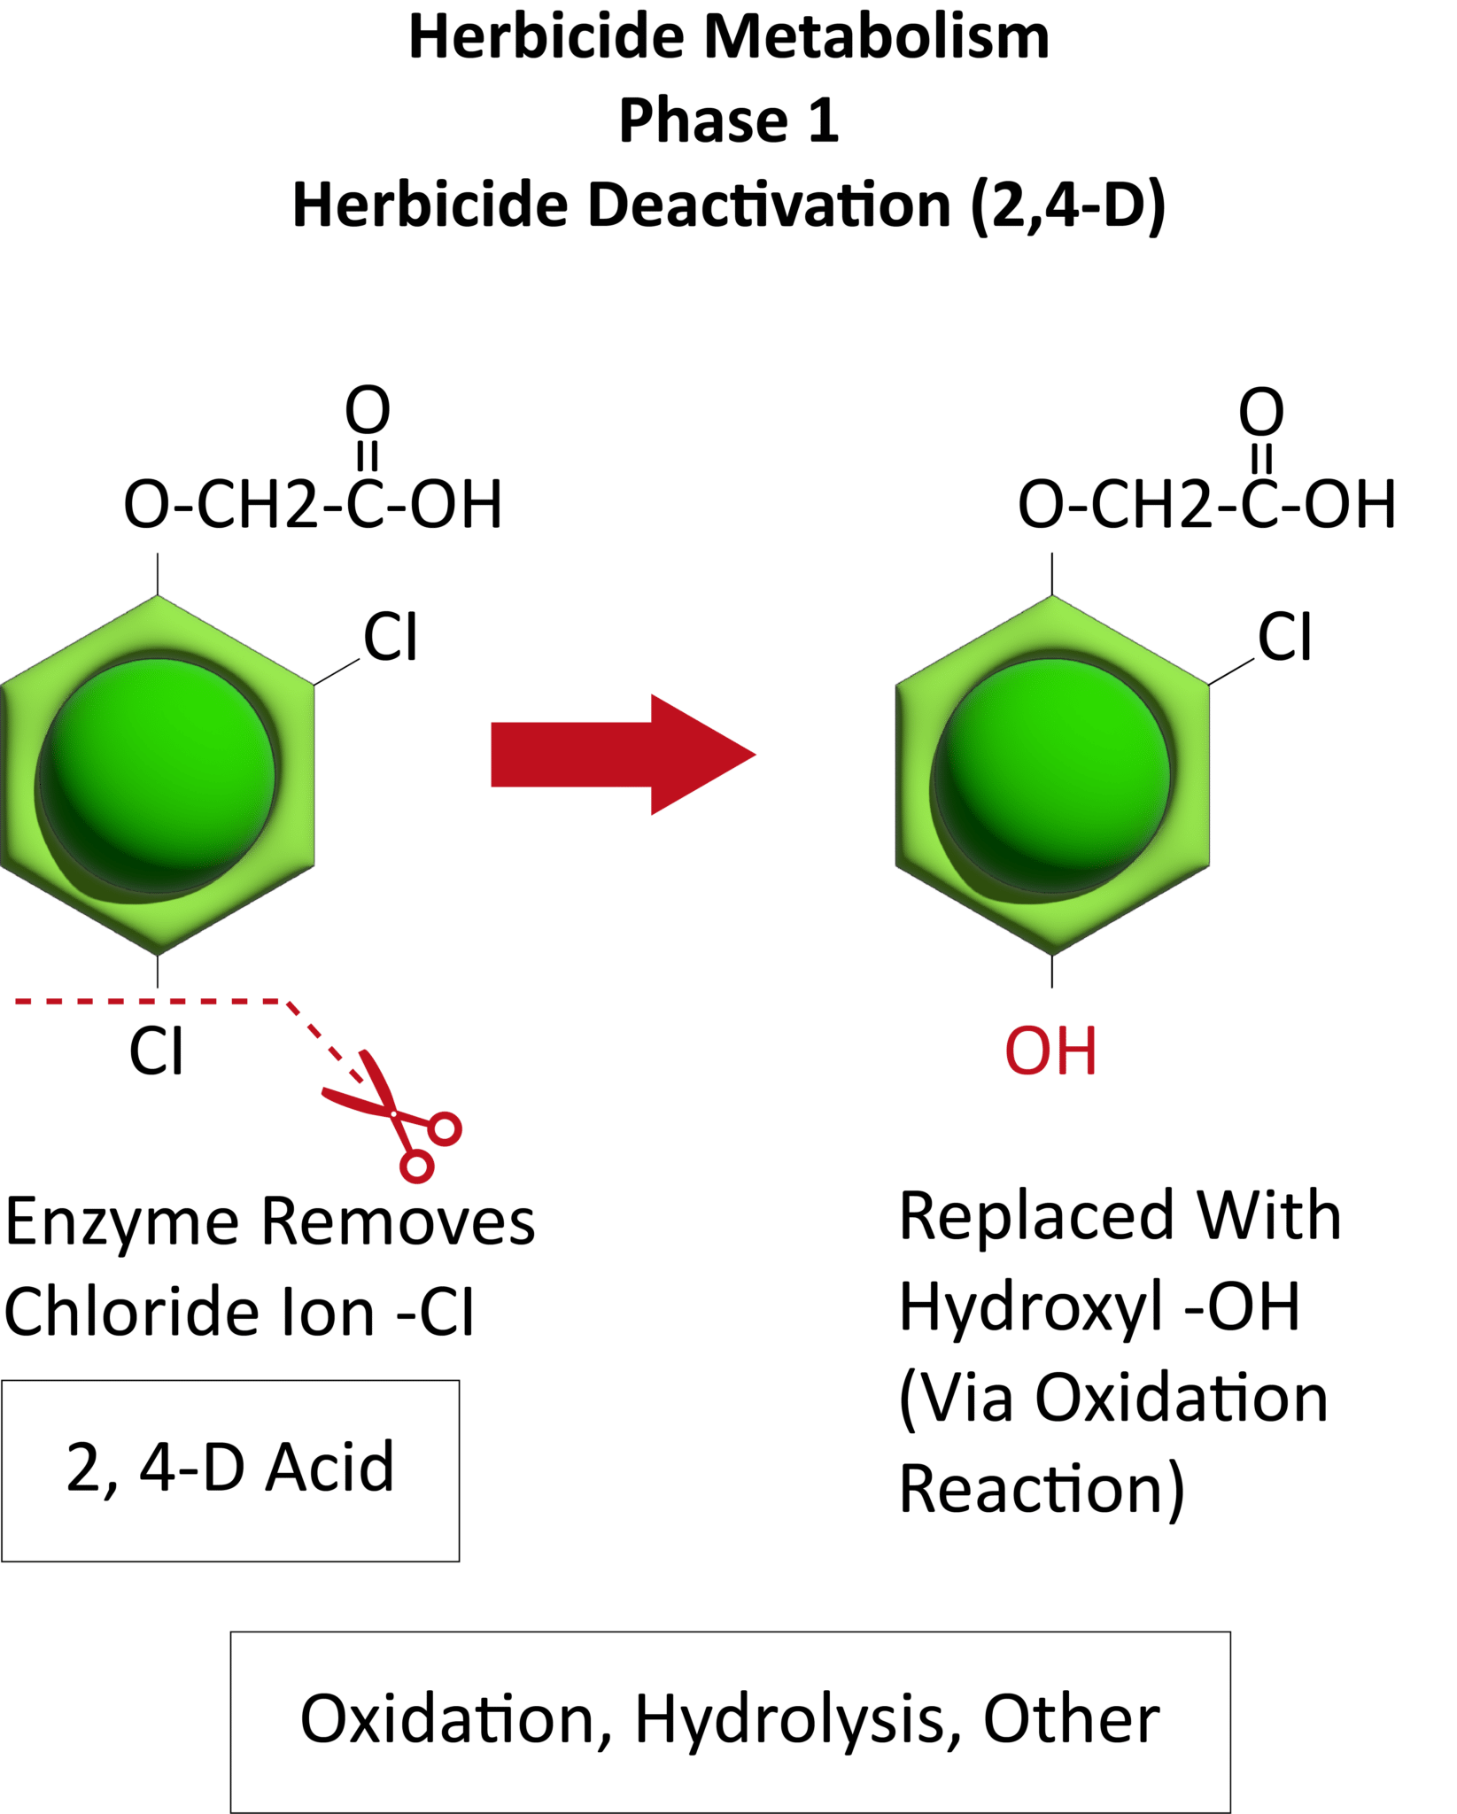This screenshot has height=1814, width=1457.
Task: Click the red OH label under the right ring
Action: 1050,1051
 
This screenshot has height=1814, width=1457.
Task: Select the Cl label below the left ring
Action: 157,1051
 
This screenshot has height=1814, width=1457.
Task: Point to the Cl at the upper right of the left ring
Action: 390,637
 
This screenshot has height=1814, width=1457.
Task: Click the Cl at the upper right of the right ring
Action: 1284,637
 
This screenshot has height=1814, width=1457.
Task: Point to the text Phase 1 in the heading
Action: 728,120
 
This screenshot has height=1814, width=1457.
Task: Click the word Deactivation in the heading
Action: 769,205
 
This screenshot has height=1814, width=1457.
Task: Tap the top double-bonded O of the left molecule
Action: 368,410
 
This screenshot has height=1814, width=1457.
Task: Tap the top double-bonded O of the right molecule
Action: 1261,412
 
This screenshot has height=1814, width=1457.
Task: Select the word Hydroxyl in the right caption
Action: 1031,1309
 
